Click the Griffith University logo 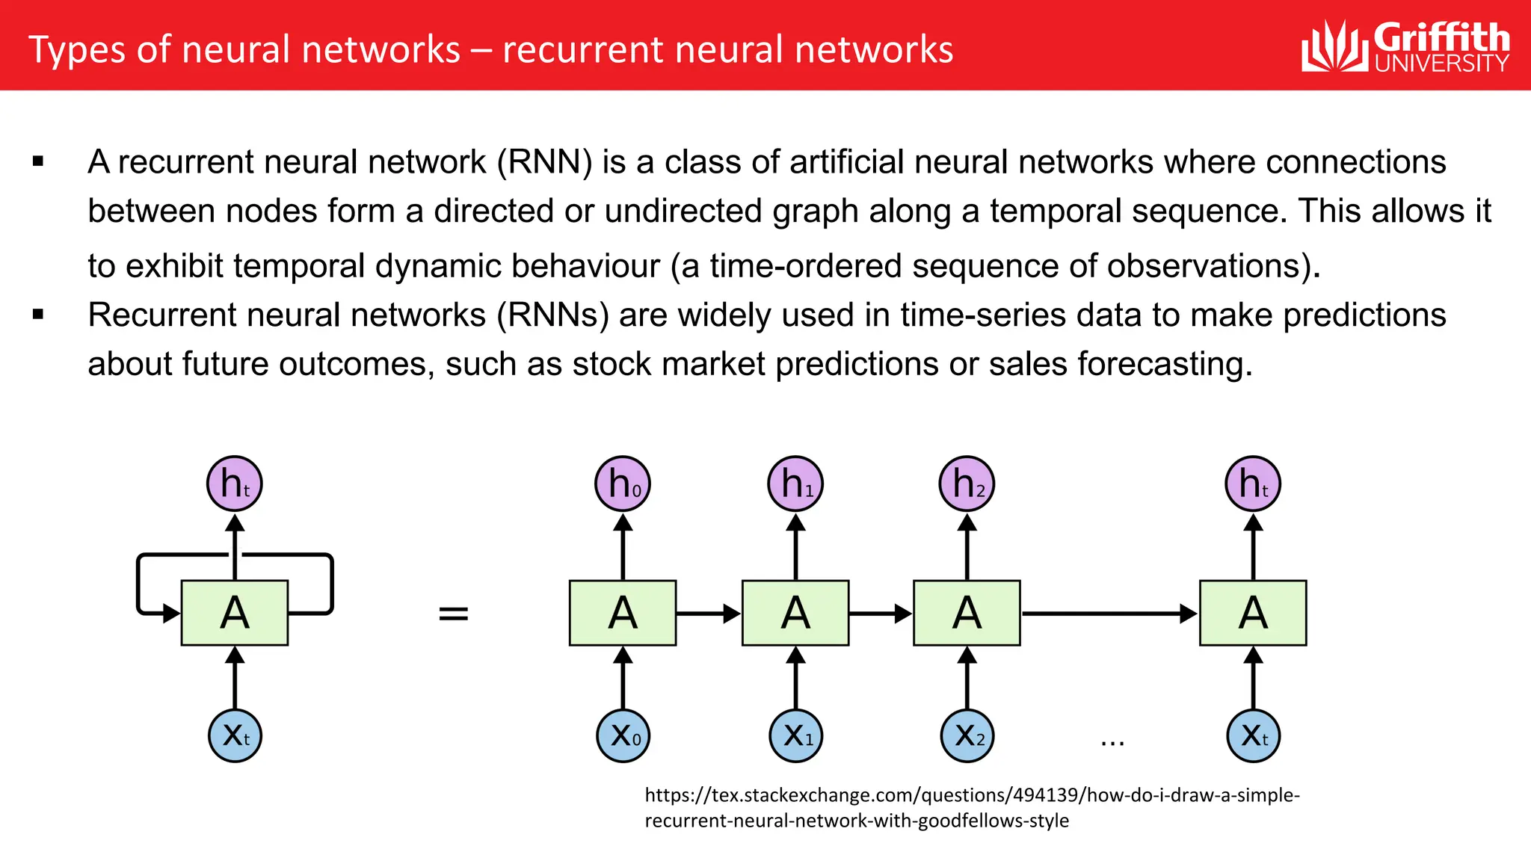pyautogui.click(x=1405, y=46)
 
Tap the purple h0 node pyautogui.click(x=623, y=484)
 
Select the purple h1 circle pyautogui.click(x=795, y=484)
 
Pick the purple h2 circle pyautogui.click(x=967, y=484)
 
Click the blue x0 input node pyautogui.click(x=623, y=735)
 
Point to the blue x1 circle pyautogui.click(x=795, y=735)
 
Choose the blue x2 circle pyautogui.click(x=967, y=735)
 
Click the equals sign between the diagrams pyautogui.click(x=453, y=614)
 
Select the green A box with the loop pyautogui.click(x=235, y=613)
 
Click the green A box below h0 pyautogui.click(x=623, y=613)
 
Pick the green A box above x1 pyautogui.click(x=795, y=613)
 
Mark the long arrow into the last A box pyautogui.click(x=1109, y=614)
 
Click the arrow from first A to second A pyautogui.click(x=708, y=614)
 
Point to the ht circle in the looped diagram pyautogui.click(x=235, y=484)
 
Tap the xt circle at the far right pyautogui.click(x=1253, y=735)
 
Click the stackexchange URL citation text pyautogui.click(x=972, y=807)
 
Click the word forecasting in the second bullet pyautogui.click(x=1164, y=364)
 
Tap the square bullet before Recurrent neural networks pyautogui.click(x=38, y=315)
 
